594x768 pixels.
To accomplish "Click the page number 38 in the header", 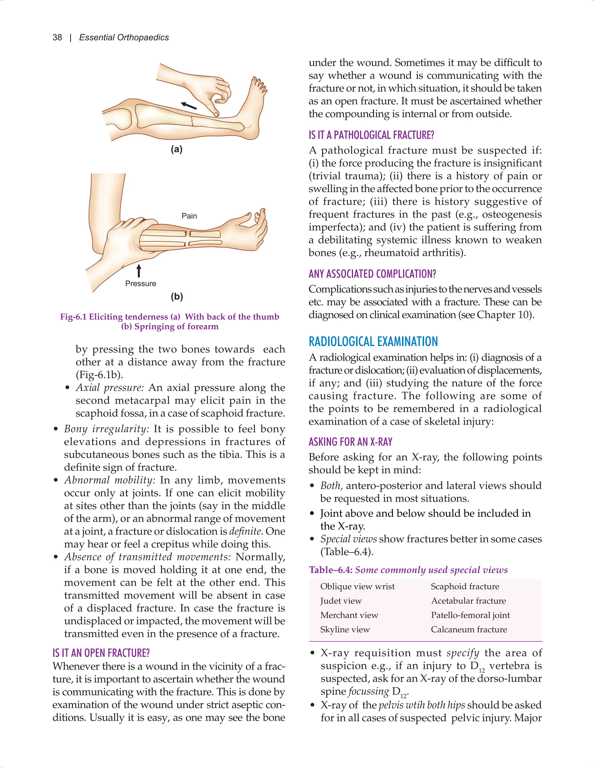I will [x=57, y=38].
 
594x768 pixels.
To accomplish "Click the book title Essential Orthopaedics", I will [x=124, y=38].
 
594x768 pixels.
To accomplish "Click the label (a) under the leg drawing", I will [x=177, y=150].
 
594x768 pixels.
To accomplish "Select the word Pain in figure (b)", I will [x=189, y=216].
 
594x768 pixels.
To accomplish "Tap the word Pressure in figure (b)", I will [x=140, y=283].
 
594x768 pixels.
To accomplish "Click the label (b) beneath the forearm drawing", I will [x=177, y=296].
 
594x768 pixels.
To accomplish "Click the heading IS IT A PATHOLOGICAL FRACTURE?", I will [x=371, y=135].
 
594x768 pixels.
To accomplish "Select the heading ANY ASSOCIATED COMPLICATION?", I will [x=372, y=274].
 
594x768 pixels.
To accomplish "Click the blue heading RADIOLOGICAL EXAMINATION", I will [x=373, y=341].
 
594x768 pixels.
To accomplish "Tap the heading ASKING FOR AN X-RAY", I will [x=350, y=442].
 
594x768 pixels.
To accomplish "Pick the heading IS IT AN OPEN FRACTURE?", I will [x=101, y=653].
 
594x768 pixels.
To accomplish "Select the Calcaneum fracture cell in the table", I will [x=469, y=629].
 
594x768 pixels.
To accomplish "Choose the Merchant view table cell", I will [x=349, y=615].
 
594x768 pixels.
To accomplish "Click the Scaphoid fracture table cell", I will [x=465, y=586].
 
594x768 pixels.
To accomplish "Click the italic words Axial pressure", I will [x=109, y=387].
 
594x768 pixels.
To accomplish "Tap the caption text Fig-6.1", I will [x=73, y=317].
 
